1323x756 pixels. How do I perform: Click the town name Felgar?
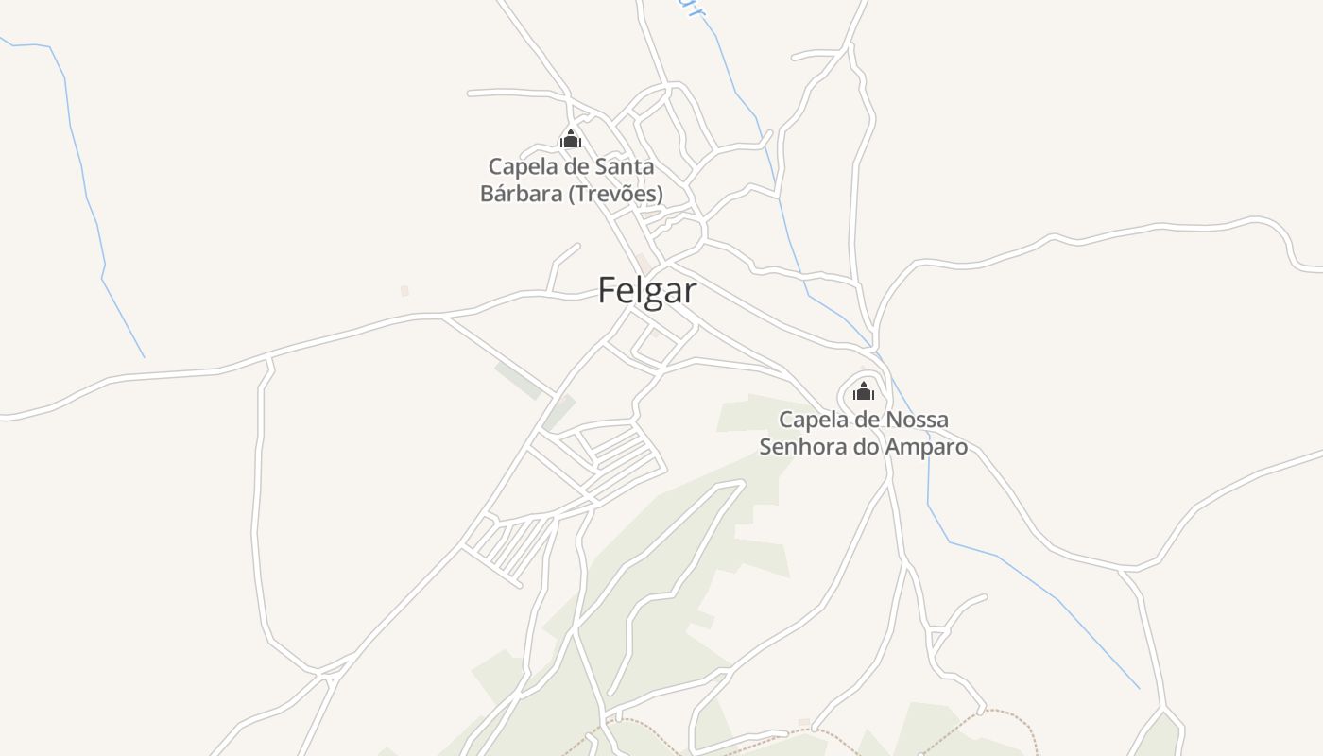[647, 291]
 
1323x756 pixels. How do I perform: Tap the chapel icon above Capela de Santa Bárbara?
[571, 140]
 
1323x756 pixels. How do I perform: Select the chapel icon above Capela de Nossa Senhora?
[864, 391]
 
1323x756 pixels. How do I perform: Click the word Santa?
[625, 167]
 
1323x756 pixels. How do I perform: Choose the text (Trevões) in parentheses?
[616, 194]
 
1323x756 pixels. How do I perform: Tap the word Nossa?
[916, 420]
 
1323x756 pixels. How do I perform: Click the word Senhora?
[802, 447]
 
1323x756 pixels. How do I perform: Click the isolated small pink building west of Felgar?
[404, 291]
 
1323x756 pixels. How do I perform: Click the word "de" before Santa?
[577, 167]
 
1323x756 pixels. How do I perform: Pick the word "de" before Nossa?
[868, 420]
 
